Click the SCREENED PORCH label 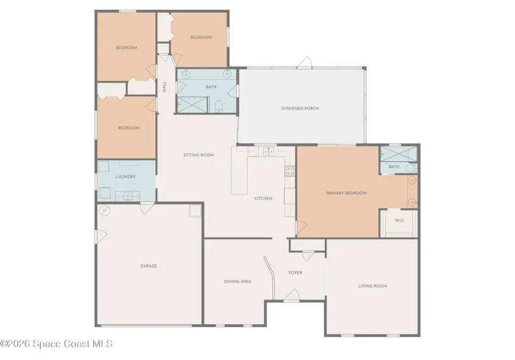300,108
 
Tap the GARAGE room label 149,266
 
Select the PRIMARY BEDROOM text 346,193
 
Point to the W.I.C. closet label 400,220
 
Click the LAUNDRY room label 125,177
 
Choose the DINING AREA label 237,281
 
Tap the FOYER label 295,272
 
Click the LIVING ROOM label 373,286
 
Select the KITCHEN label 263,198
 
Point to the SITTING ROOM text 198,155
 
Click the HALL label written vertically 164,87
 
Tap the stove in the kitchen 290,169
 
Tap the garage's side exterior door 98,235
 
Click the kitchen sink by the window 267,152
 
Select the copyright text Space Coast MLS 57,344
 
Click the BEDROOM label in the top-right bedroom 201,37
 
